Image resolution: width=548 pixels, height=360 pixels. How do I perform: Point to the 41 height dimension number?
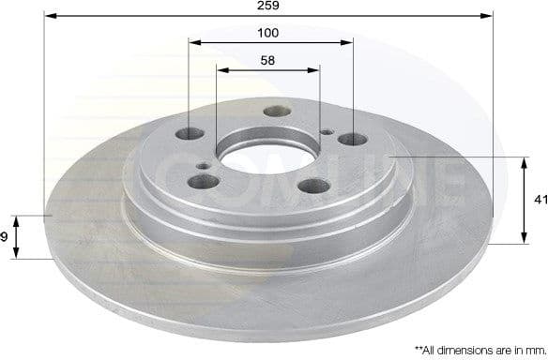click(540, 199)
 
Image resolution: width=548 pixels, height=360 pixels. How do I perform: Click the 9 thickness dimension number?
click(5, 237)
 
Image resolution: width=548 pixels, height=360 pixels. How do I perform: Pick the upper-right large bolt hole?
click(352, 140)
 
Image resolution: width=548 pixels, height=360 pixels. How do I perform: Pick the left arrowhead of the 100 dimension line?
click(193, 42)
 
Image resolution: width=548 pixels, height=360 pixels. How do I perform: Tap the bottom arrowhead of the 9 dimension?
click(16, 254)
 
